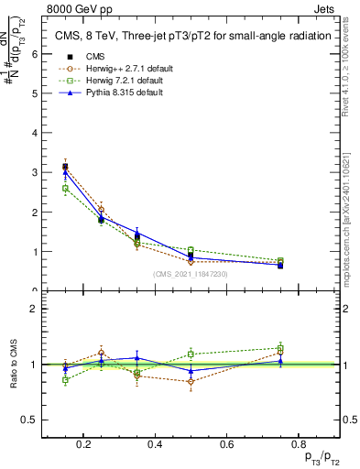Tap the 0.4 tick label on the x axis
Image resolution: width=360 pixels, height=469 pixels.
[155, 445]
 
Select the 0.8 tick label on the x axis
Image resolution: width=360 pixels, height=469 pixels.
[296, 445]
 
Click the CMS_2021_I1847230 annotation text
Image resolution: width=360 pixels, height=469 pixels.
[191, 273]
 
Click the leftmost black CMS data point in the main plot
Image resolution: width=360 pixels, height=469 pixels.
[65, 167]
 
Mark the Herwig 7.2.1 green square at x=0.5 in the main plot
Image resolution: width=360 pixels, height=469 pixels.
[191, 250]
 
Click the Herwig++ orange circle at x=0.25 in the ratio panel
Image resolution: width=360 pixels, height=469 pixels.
[101, 353]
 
